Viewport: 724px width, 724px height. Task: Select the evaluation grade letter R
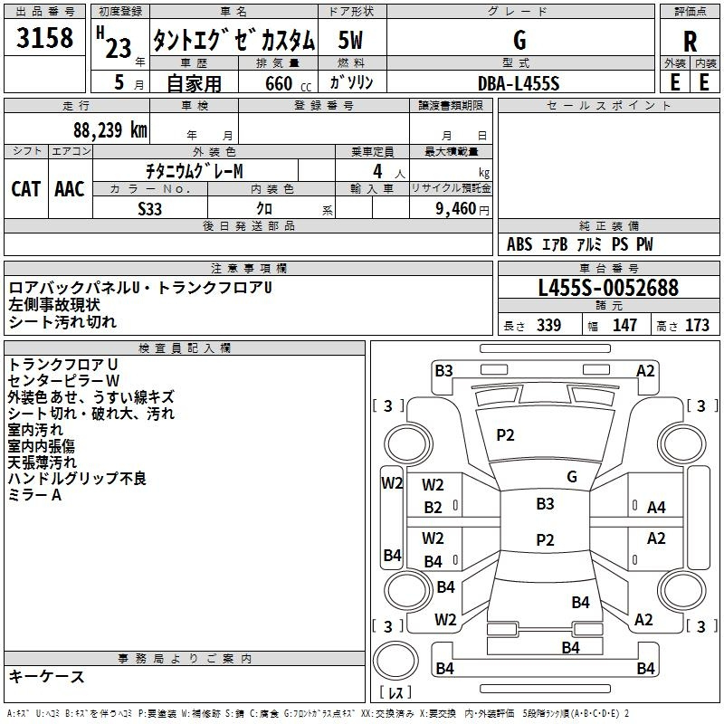pos(691,42)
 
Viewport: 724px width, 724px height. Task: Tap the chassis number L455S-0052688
pos(608,288)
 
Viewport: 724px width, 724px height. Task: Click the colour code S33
pos(150,208)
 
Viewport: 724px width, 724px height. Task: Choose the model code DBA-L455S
pos(519,82)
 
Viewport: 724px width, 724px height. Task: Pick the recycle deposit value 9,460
pos(454,208)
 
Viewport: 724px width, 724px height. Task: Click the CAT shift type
pos(26,188)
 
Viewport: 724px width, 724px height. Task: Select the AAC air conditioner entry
pos(69,188)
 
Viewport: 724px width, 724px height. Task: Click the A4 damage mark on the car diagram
pos(656,507)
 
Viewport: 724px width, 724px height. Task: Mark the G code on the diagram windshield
pos(572,476)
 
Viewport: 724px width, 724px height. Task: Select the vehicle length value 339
pos(548,326)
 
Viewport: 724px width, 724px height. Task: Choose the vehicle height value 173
pos(697,326)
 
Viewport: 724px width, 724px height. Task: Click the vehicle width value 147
pos(624,326)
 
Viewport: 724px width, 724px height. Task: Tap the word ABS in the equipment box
pos(519,244)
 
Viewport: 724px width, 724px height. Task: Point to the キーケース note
pos(47,676)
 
